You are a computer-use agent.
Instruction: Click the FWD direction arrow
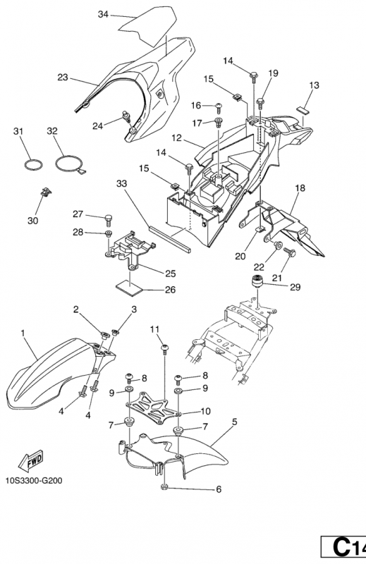(x=31, y=461)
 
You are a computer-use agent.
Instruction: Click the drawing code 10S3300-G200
(x=34, y=481)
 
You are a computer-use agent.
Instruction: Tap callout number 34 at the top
(x=103, y=14)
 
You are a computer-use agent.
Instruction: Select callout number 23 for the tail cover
(x=63, y=78)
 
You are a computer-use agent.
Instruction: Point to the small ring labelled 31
(x=33, y=165)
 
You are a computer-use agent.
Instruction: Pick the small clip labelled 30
(x=46, y=192)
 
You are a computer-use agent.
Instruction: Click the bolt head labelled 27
(x=109, y=218)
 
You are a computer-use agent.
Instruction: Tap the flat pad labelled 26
(x=129, y=288)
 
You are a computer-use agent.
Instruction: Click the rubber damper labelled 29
(x=256, y=280)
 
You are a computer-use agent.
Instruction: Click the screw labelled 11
(x=165, y=349)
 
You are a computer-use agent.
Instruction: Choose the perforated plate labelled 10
(x=153, y=408)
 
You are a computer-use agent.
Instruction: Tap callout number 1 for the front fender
(x=23, y=333)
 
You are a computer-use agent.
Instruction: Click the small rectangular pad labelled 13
(x=303, y=109)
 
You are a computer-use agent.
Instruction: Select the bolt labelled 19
(x=261, y=102)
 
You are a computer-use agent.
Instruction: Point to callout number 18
(x=300, y=188)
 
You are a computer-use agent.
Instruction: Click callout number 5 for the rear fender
(x=235, y=422)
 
